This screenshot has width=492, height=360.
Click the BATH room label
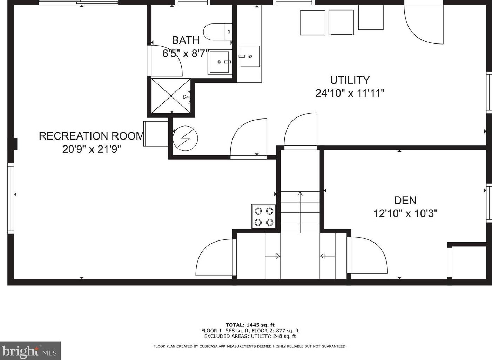[186, 40]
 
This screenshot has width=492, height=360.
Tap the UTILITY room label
[350, 80]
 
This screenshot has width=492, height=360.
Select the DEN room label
[405, 200]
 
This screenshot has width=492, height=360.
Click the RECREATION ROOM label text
[92, 136]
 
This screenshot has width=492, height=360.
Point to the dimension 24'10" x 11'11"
[350, 93]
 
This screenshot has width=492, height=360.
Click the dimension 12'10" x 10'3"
[405, 213]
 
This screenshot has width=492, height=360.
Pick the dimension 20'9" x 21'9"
[92, 149]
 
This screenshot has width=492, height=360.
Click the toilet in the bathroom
[218, 32]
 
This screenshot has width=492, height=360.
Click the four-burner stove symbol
[264, 217]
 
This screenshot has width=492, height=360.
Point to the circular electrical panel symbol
[185, 138]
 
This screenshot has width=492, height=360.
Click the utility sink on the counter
[250, 56]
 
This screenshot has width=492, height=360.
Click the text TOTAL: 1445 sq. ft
[250, 325]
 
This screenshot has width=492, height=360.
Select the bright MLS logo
[30, 351]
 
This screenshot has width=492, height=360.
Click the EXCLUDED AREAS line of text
[250, 336]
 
